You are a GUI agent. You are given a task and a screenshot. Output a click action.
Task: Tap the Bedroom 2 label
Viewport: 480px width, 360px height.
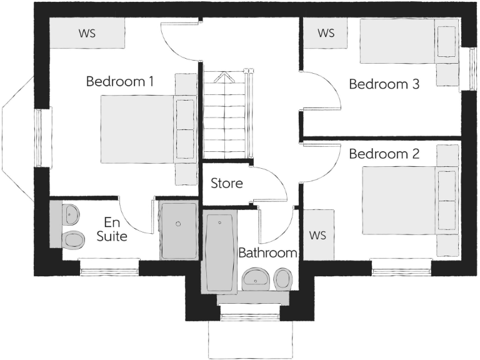384,154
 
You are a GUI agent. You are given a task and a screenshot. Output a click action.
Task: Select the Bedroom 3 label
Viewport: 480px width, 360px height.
384,84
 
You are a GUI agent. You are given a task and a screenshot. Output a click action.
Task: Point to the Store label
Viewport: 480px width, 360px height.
226,184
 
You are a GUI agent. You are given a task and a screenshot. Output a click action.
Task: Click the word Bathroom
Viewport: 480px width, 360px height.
267,253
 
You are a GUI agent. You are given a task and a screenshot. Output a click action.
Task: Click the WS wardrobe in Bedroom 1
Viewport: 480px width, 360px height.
87,32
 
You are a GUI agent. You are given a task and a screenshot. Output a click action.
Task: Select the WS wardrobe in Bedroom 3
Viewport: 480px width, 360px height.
326,32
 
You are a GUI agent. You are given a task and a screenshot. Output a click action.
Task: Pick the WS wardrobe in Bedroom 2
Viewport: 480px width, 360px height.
318,235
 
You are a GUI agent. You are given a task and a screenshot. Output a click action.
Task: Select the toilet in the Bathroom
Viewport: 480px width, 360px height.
283,278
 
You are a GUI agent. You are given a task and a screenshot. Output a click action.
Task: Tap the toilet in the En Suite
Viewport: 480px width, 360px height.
73,239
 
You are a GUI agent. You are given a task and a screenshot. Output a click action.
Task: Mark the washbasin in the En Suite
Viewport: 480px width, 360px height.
70,214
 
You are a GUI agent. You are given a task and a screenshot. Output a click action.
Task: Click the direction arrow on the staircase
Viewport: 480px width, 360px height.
223,79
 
